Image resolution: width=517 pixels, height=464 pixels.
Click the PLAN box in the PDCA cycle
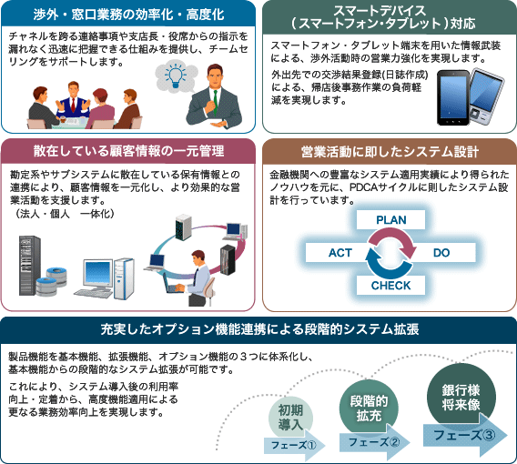390,219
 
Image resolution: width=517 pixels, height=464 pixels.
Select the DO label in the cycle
441,253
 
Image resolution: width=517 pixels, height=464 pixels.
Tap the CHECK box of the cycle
390,285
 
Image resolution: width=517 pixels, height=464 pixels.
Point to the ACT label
340,253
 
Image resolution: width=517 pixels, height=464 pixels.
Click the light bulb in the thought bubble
175,76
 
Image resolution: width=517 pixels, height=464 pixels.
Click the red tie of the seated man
73,105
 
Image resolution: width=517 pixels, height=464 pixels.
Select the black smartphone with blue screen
453,98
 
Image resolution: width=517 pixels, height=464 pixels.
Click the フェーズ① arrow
294,445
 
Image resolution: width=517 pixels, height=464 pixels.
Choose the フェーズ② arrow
375,441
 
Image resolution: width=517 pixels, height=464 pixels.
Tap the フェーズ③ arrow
465,435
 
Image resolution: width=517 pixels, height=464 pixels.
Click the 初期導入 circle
290,418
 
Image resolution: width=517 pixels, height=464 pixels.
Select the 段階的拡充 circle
369,408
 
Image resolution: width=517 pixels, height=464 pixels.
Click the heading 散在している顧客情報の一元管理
128,151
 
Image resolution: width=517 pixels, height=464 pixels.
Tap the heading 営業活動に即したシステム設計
390,152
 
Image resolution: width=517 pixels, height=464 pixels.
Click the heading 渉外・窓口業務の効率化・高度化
128,15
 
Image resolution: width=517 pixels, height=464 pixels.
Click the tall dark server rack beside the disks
30,266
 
